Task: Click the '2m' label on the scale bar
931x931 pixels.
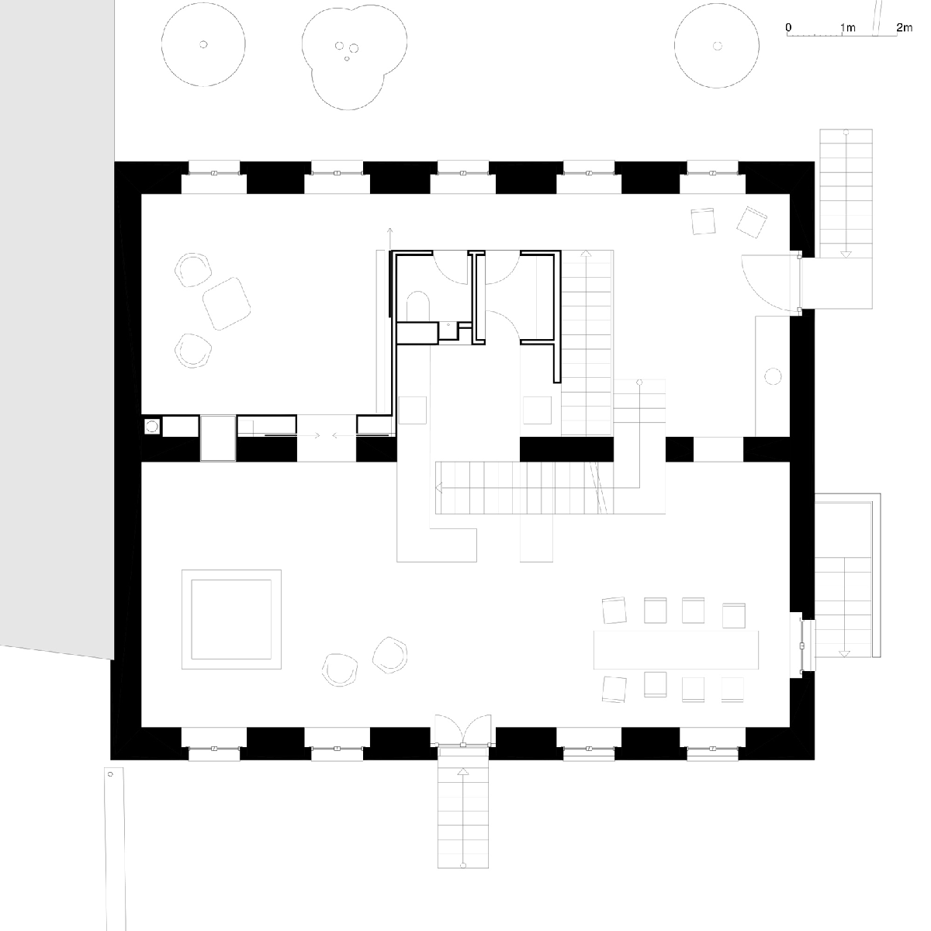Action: [x=904, y=27]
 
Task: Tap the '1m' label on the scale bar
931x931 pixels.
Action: [x=848, y=27]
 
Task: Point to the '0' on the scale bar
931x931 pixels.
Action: [x=788, y=27]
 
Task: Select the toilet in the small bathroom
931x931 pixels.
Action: [x=418, y=306]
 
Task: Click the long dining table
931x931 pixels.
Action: [x=676, y=649]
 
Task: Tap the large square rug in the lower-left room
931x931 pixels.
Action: [x=231, y=619]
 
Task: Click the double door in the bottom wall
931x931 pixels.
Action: [x=463, y=731]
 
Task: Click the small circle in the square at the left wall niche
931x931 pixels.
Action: [x=152, y=427]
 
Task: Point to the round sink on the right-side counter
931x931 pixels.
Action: [x=773, y=376]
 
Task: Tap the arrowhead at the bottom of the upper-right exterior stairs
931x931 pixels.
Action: [x=846, y=254]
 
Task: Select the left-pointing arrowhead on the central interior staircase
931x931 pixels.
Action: [x=438, y=487]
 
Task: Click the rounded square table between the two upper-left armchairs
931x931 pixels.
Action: [x=226, y=303]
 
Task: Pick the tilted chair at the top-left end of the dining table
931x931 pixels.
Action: [x=614, y=611]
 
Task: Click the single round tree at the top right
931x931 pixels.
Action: [x=717, y=46]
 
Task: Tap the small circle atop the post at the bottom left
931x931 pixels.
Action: [x=110, y=774]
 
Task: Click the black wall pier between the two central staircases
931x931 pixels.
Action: [x=566, y=449]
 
